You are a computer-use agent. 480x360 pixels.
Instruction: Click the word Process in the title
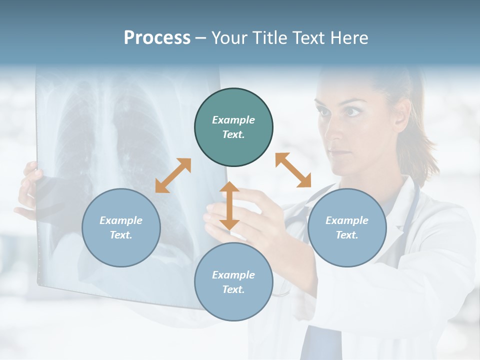[x=157, y=37]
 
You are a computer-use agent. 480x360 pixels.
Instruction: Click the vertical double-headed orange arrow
[x=229, y=205]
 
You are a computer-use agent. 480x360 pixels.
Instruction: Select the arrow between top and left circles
[x=173, y=175]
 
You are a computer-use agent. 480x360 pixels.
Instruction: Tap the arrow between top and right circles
[x=293, y=170]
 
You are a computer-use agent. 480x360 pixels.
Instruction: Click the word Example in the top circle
[x=233, y=120]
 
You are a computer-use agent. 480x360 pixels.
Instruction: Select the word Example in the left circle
[x=121, y=220]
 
